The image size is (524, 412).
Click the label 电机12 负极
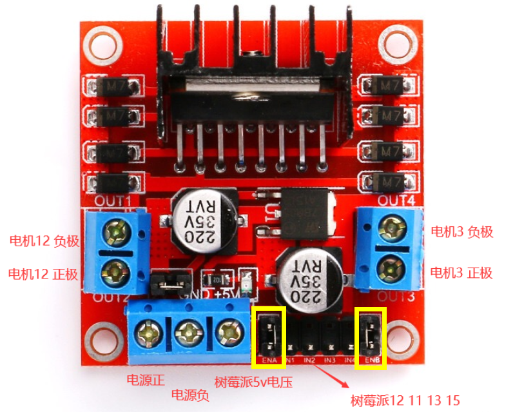coord(44,241)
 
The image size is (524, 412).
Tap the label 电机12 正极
coord(43,274)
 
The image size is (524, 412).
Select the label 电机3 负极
coord(461,231)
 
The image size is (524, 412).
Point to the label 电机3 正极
coord(461,272)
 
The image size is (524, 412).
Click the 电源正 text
coord(146,379)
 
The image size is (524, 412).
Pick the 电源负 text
coord(189,394)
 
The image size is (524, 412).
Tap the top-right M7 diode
coord(385,84)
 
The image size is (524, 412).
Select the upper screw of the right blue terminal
coord(391,226)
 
